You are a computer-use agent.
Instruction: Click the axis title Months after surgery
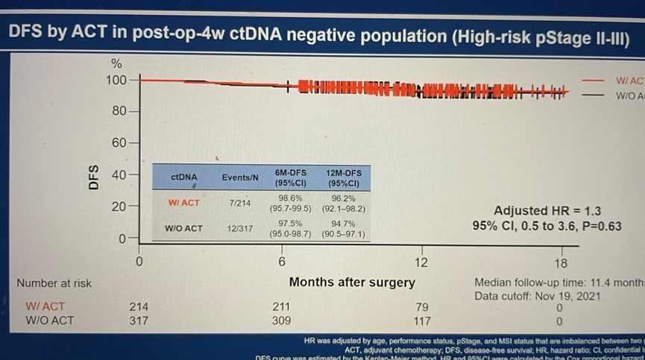pyautogui.click(x=352, y=283)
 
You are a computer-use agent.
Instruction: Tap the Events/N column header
pyautogui.click(x=240, y=177)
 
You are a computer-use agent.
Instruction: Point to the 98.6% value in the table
pyautogui.click(x=291, y=197)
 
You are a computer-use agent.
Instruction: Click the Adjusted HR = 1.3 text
pyautogui.click(x=547, y=211)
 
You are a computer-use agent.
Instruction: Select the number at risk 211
pyautogui.click(x=281, y=306)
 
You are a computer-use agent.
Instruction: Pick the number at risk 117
pyautogui.click(x=421, y=321)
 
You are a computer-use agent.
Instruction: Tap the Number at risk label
pyautogui.click(x=54, y=283)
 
